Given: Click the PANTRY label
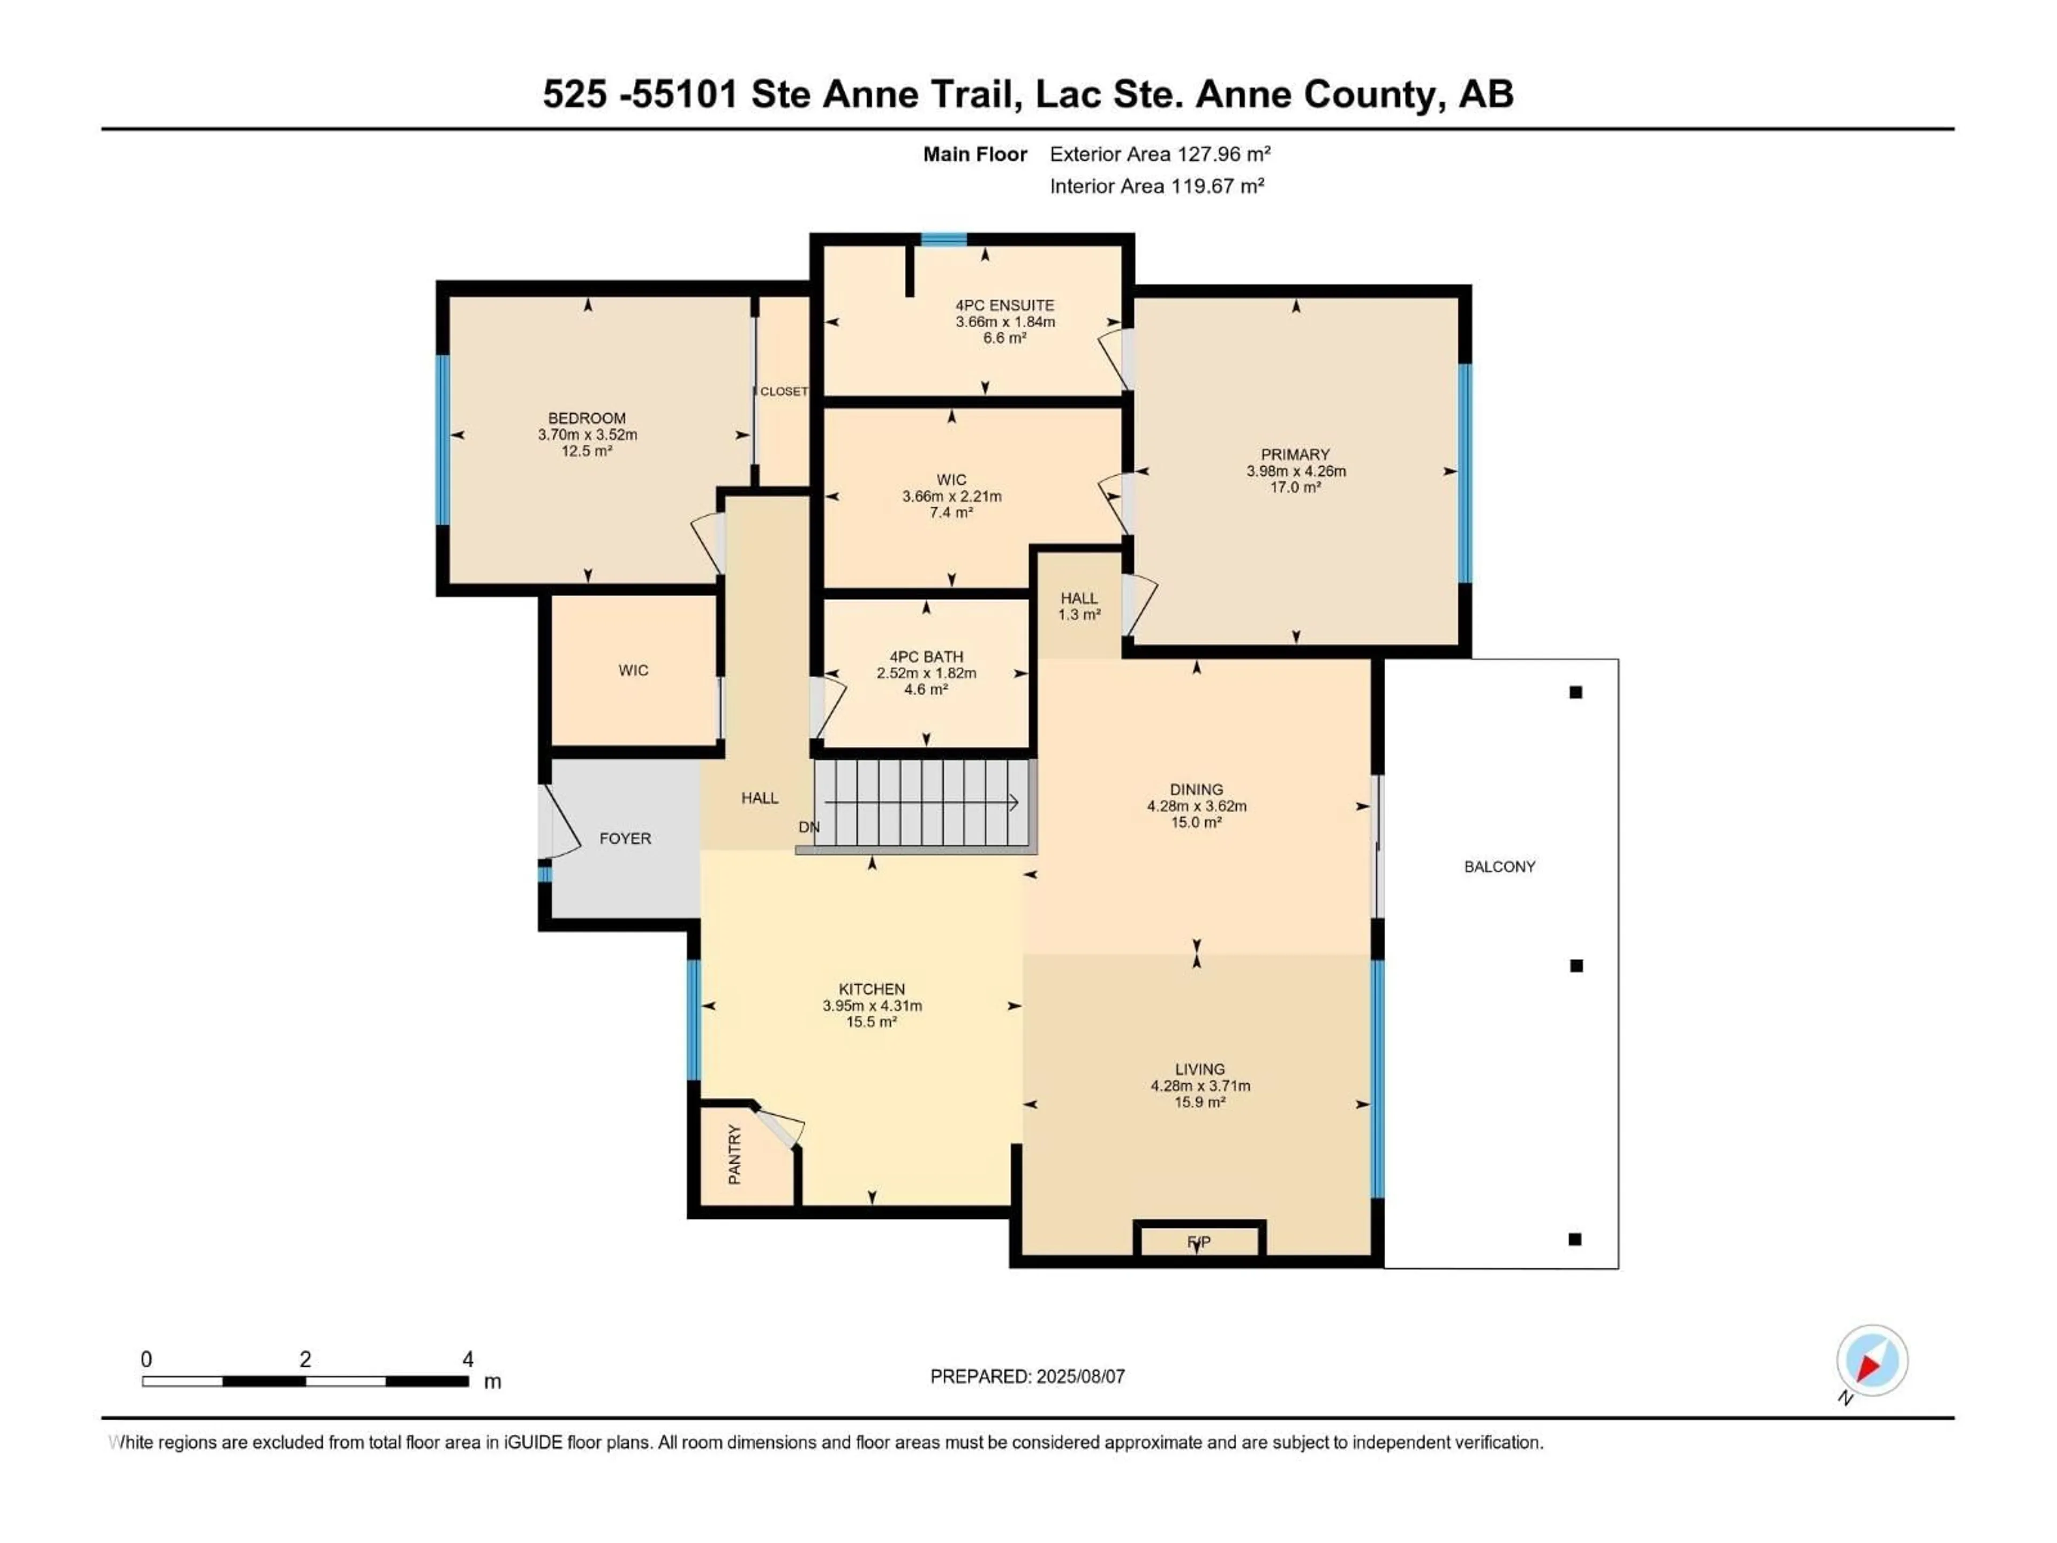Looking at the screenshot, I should tap(734, 1154).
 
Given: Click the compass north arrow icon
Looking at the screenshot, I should tap(1871, 1361).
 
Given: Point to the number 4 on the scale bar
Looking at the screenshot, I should tap(468, 1359).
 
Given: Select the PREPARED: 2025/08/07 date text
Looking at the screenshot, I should tap(1027, 1376).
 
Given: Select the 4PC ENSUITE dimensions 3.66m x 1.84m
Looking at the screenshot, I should tap(1004, 322).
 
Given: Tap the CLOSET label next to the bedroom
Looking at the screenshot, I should tap(783, 392).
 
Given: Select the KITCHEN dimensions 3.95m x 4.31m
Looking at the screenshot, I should tap(872, 1006).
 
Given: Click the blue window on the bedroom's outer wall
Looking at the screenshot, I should tap(444, 440).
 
